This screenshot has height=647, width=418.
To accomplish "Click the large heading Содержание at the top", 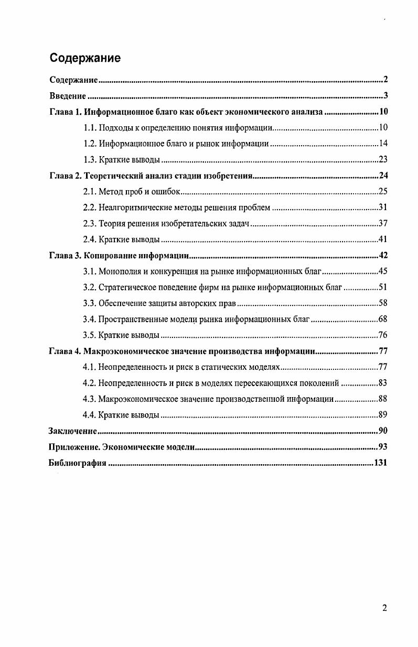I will point(85,58).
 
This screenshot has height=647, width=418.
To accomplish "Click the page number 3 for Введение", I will point(385,96).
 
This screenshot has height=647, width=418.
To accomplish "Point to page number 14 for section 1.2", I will point(383,144).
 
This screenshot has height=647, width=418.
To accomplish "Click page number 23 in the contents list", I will point(383,160).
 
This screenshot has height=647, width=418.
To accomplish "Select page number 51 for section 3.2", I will point(383,288).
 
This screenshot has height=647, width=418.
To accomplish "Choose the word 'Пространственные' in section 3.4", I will point(131,320).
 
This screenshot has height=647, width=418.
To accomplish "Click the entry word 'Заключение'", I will point(72,431).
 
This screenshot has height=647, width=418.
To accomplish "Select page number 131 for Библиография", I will point(380,463).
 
